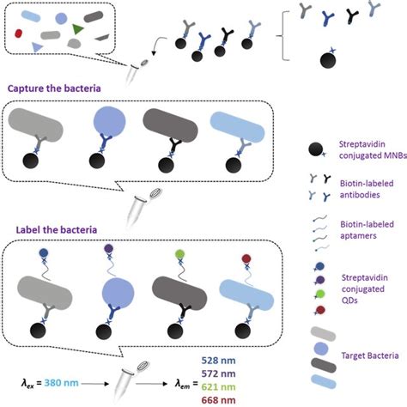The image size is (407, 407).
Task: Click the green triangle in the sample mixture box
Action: (78, 30)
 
